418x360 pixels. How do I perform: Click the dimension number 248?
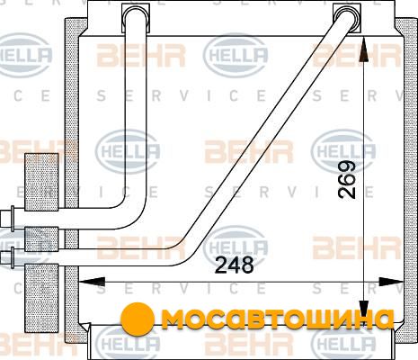tap(235, 265)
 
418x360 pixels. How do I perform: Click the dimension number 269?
tap(347, 180)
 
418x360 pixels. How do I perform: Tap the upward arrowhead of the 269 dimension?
tap(363, 50)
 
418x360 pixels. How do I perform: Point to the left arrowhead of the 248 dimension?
tap(92, 282)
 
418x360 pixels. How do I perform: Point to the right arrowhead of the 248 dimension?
tap(391, 282)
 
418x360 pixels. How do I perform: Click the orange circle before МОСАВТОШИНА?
tap(138, 319)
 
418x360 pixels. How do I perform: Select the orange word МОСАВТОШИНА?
tap(278, 319)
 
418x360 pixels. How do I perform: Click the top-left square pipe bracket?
tap(136, 18)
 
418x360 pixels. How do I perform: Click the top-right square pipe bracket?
tap(347, 18)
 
